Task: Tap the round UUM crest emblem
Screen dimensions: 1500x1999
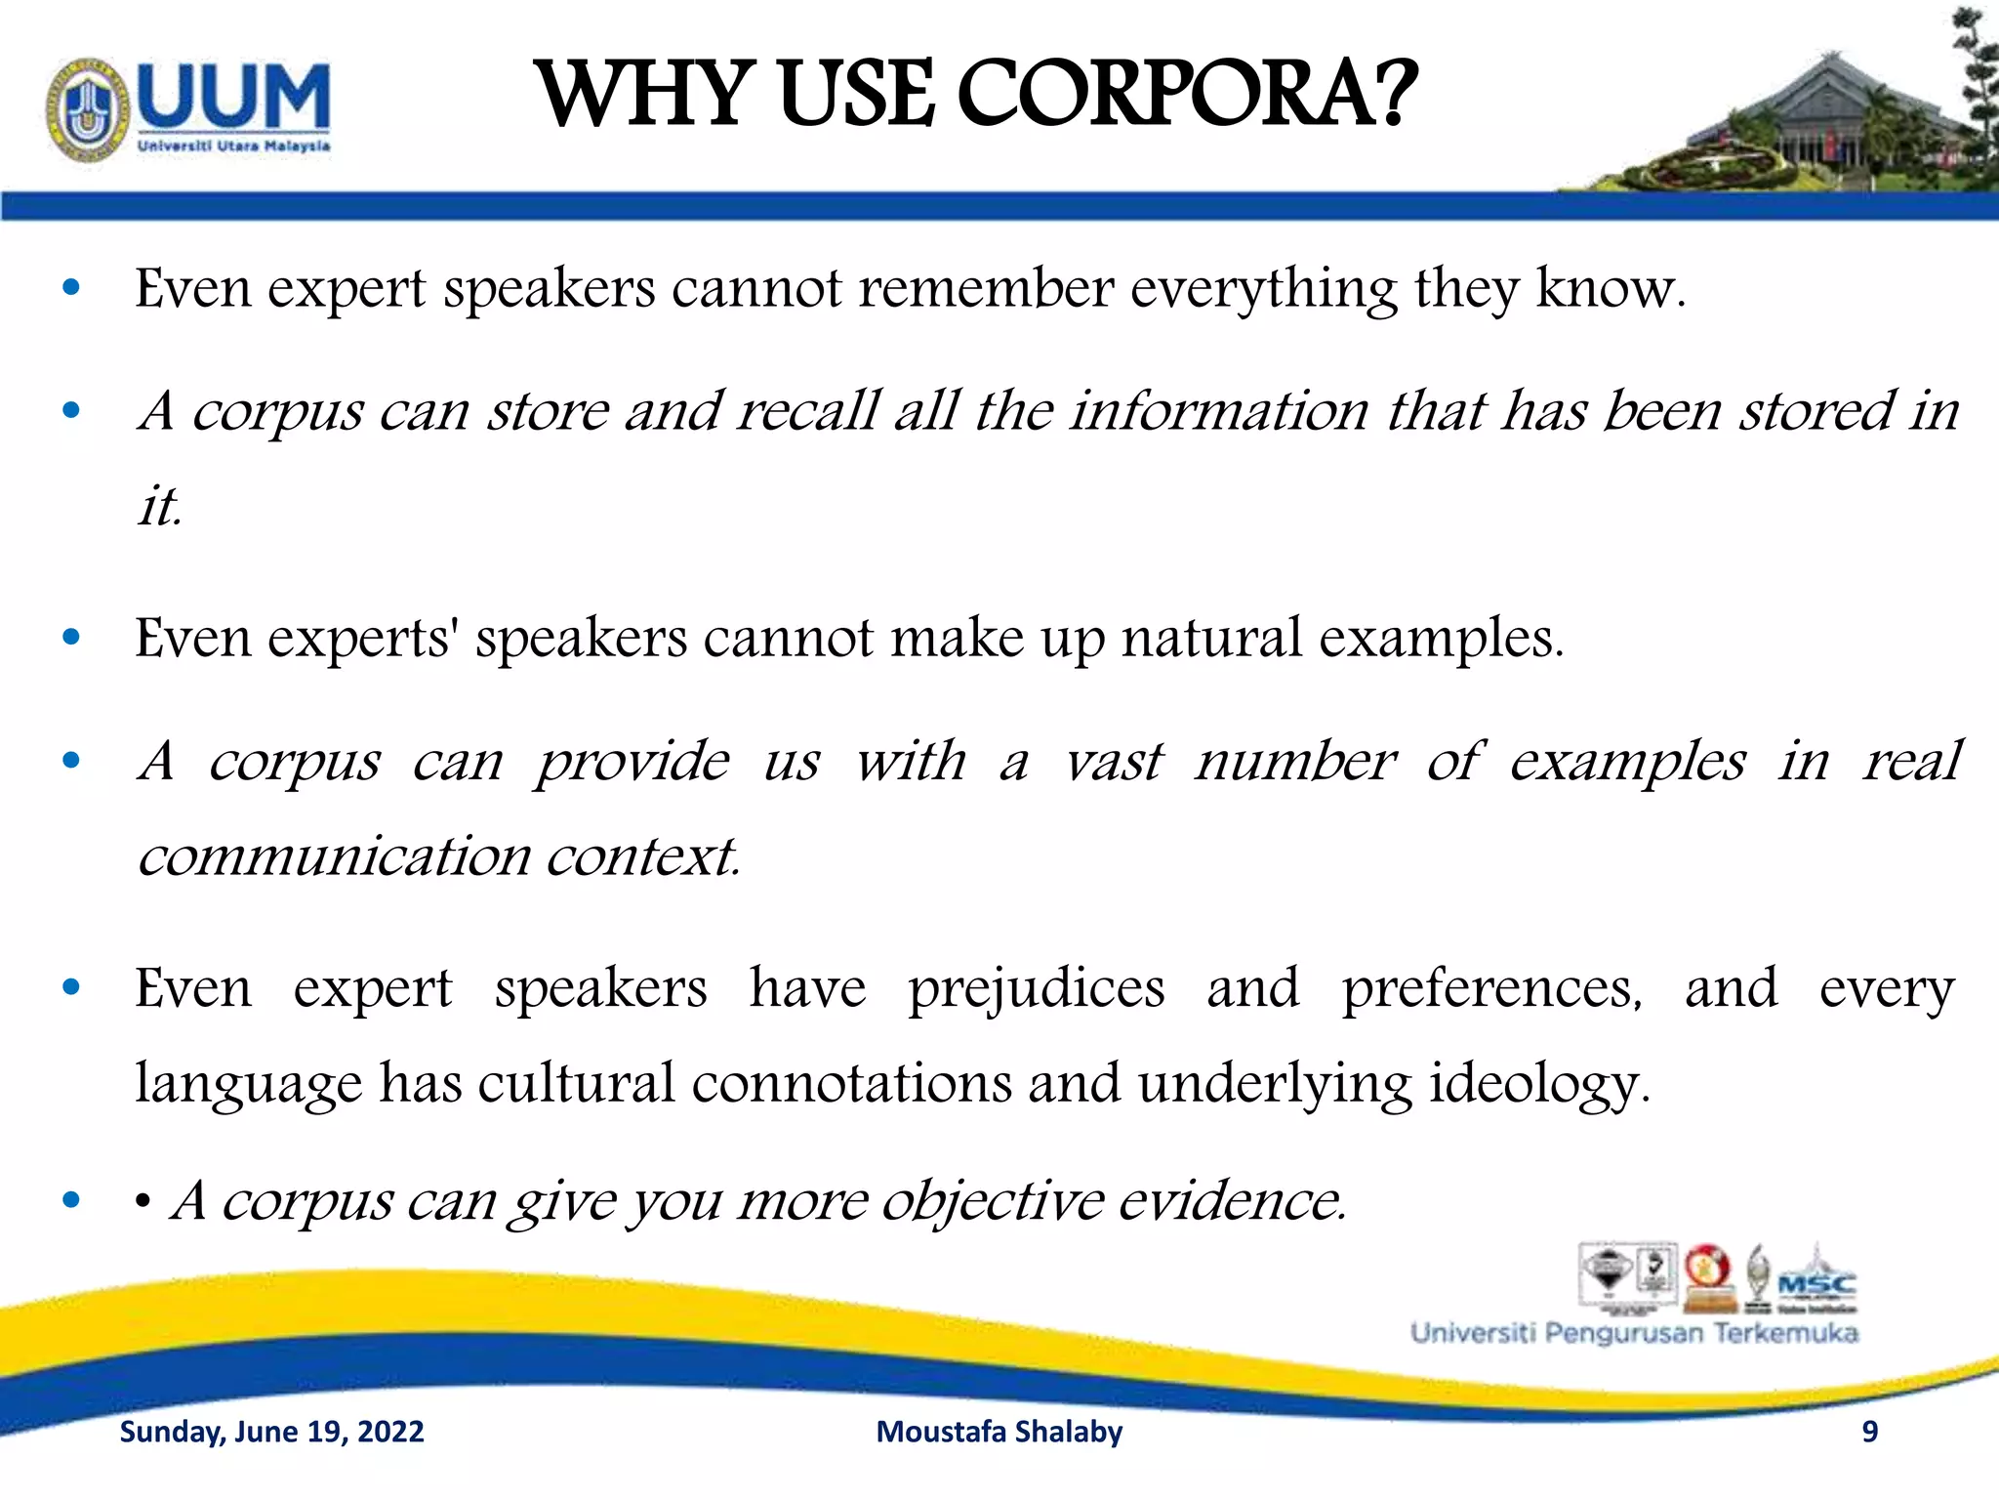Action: point(88,109)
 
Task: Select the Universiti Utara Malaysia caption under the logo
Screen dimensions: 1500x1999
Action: point(234,146)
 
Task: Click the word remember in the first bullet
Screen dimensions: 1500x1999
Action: point(985,289)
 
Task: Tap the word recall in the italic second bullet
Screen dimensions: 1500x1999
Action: point(807,410)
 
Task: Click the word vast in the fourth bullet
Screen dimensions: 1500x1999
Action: point(1113,761)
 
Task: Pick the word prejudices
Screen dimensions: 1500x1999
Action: point(1036,988)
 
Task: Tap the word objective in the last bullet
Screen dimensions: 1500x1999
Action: point(991,1201)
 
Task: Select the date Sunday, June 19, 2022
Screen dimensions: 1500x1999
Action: point(271,1432)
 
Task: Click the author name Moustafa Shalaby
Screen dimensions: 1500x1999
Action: point(999,1432)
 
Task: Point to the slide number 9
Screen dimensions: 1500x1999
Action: point(1869,1432)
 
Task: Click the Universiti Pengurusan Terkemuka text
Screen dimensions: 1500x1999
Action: point(1634,1333)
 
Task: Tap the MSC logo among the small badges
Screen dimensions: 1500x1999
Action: point(1816,1281)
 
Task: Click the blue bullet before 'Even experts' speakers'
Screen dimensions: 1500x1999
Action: point(70,638)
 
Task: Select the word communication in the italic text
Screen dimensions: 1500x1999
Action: point(334,856)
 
